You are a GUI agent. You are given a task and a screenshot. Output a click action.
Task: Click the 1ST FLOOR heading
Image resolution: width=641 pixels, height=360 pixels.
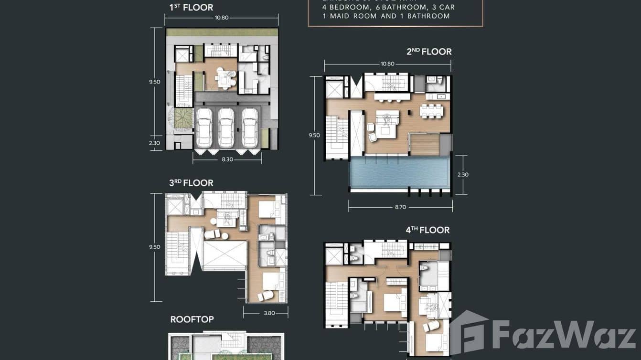coord(191,7)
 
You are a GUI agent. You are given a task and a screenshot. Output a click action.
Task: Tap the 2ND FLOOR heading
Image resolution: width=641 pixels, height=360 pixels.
coord(429,52)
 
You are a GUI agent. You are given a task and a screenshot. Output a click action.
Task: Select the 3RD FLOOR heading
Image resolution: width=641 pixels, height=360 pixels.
coord(191,183)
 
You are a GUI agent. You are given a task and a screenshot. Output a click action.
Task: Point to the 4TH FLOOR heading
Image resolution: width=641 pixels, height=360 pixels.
coord(427,230)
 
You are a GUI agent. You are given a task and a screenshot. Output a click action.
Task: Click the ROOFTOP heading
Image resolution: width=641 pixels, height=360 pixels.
coord(192,319)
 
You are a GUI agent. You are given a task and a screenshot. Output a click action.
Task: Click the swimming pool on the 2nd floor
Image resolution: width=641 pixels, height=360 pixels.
coord(399,172)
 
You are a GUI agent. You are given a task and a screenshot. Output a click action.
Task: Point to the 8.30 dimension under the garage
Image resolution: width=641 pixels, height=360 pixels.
coord(227,159)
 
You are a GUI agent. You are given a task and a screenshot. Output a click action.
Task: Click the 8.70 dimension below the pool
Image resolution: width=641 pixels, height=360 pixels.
coord(400,207)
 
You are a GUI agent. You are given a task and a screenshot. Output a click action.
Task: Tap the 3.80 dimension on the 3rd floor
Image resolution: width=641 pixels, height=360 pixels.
coord(269,313)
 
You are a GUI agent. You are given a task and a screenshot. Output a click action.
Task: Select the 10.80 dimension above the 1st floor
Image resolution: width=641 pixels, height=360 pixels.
coord(222,18)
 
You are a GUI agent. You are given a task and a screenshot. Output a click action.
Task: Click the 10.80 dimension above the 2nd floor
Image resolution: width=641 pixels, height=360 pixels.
coord(387,64)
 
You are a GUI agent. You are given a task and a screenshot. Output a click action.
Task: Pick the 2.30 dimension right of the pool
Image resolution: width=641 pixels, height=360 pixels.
coord(463,175)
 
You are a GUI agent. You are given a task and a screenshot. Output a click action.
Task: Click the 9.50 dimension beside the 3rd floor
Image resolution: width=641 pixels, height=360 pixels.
coord(154,247)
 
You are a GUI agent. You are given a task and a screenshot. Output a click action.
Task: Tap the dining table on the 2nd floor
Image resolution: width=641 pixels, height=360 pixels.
coord(431,110)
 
